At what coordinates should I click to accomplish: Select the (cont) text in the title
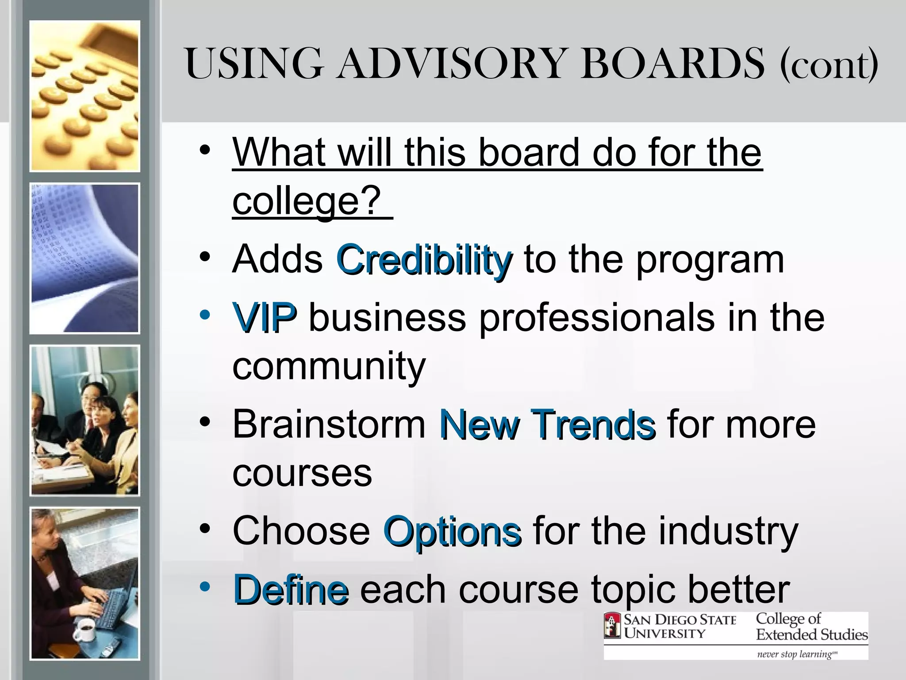tap(829, 66)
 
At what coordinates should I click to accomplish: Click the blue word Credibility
tap(424, 260)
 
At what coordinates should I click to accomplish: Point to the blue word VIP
tap(264, 317)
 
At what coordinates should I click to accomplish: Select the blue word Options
tap(452, 532)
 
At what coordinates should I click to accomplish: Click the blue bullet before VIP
tap(204, 315)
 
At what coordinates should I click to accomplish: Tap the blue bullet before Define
tap(204, 587)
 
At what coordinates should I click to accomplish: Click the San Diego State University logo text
tap(679, 626)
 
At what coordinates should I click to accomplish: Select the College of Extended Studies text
tap(811, 626)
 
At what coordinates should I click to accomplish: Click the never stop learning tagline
tap(796, 654)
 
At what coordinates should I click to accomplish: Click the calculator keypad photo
tap(84, 96)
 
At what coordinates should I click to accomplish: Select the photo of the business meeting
tap(84, 421)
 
